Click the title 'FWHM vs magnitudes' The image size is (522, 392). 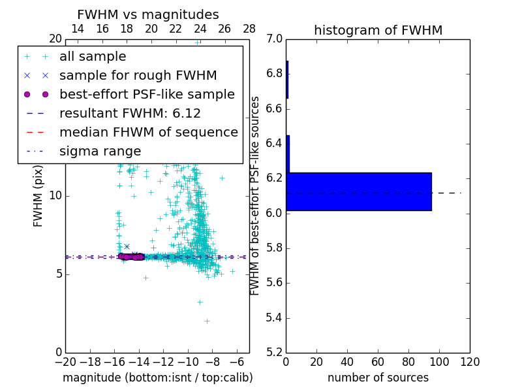tap(148, 15)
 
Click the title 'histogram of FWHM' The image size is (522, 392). tap(378, 31)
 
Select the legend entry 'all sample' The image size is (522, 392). tap(93, 57)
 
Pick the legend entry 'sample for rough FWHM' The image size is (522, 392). tap(138, 76)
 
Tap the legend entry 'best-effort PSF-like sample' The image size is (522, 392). tap(147, 95)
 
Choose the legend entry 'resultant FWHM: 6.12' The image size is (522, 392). tap(130, 114)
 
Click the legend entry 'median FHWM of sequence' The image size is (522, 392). tap(148, 133)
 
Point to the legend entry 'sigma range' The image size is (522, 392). tap(100, 152)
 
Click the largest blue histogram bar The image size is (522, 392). tap(359, 191)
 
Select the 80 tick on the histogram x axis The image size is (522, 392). tap(408, 362)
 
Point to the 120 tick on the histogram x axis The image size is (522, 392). tap(470, 362)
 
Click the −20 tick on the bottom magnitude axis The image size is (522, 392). tap(65, 362)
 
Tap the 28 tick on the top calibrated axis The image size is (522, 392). tap(249, 29)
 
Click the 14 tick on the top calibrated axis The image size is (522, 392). tap(78, 29)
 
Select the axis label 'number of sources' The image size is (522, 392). tap(378, 378)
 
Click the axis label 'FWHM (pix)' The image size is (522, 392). tap(38, 195)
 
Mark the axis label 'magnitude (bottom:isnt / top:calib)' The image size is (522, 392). tap(157, 378)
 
